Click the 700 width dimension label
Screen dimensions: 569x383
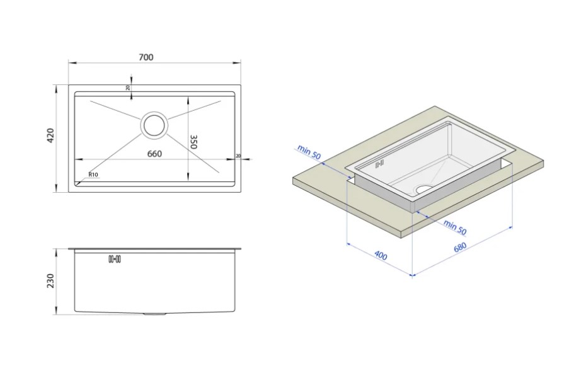coord(146,57)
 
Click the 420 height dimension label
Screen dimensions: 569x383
coord(50,135)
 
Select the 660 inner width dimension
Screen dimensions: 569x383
coord(154,154)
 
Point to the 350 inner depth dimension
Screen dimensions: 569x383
coord(193,142)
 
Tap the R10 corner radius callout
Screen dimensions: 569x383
coord(93,174)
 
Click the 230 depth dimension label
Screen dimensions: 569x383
coord(50,281)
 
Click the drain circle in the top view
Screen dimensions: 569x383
coord(154,125)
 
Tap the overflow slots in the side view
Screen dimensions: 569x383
coord(115,259)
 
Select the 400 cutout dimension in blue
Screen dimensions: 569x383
coord(381,256)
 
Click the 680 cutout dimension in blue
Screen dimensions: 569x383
coord(460,248)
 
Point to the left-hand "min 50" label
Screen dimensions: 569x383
coord(309,152)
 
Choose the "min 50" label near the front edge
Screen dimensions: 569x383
coord(455,227)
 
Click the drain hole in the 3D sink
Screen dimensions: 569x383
coord(424,188)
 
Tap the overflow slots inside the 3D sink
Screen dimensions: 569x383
coord(379,164)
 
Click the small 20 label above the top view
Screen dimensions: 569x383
coord(128,88)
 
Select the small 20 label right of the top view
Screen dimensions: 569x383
coord(238,156)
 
